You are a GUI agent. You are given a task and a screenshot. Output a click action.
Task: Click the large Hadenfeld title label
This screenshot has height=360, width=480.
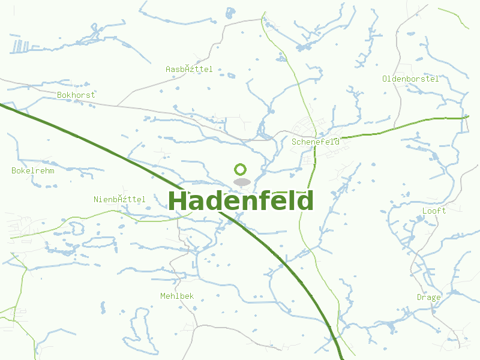(x=241, y=201)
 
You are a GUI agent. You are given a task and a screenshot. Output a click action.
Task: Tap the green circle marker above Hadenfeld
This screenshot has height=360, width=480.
(x=241, y=169)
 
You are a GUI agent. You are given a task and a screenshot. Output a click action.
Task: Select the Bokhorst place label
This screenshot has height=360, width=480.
(x=76, y=95)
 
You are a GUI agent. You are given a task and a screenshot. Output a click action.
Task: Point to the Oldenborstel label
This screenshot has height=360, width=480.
(x=410, y=79)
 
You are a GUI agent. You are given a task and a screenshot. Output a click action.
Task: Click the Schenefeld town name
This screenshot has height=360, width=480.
(x=316, y=142)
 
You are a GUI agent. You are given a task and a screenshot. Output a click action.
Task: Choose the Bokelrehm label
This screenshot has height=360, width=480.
(x=33, y=170)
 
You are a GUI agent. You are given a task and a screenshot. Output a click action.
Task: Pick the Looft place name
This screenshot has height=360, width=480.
(x=434, y=211)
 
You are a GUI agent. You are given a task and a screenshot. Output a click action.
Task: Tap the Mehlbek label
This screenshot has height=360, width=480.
(x=177, y=296)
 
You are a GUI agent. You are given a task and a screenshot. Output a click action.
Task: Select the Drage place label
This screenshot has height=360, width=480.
(x=429, y=297)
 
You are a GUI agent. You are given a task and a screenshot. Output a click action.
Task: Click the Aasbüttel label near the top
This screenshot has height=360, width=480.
(x=189, y=70)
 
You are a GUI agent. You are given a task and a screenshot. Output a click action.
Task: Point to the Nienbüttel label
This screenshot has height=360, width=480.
(x=119, y=199)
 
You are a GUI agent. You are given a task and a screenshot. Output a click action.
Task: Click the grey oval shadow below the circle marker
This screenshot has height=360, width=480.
(x=241, y=182)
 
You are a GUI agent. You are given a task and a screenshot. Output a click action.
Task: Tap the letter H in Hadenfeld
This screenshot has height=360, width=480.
(x=178, y=201)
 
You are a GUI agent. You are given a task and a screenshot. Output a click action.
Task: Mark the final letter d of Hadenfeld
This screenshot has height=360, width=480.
(x=306, y=201)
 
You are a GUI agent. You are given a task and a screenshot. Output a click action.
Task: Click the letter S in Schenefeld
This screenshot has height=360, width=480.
(x=294, y=142)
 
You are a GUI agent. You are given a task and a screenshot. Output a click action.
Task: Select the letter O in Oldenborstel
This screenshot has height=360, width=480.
(x=385, y=79)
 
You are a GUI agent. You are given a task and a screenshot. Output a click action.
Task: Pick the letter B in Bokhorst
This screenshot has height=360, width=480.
(x=59, y=95)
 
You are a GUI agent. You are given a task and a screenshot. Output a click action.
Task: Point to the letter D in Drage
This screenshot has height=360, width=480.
(x=419, y=297)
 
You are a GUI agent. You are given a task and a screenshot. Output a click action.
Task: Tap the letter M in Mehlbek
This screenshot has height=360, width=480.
(x=163, y=296)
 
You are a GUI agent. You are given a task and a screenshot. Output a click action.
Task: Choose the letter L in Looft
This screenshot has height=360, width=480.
(x=425, y=211)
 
